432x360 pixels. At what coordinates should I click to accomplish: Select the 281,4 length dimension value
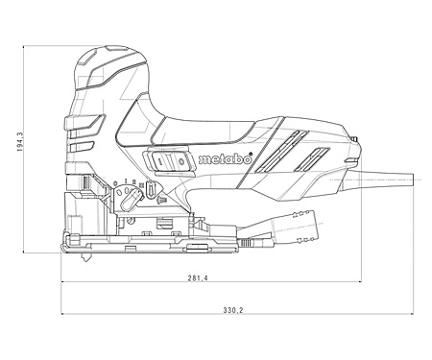(x=198, y=278)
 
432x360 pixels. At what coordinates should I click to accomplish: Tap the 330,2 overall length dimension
(x=233, y=310)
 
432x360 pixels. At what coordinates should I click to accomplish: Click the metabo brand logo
(x=225, y=159)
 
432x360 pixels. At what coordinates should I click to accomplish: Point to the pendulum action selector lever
(x=132, y=199)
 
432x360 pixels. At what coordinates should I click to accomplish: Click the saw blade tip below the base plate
(x=87, y=257)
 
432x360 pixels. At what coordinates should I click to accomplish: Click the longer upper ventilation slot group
(x=282, y=150)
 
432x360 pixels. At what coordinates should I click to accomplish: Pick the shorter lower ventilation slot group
(x=311, y=158)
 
